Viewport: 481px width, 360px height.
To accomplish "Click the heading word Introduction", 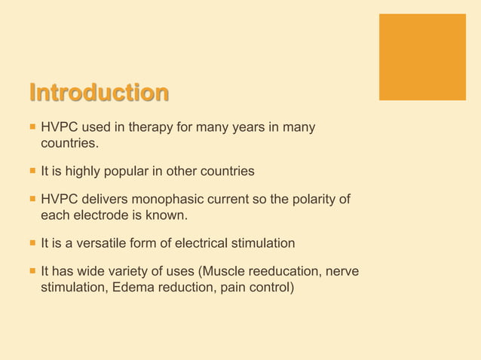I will [x=99, y=93].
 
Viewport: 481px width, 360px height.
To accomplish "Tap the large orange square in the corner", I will [x=422, y=56].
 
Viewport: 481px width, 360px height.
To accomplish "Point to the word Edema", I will [x=134, y=286].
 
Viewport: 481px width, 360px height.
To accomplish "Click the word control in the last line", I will [x=268, y=286].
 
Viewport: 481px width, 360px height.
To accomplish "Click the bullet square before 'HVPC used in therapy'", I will [x=32, y=128].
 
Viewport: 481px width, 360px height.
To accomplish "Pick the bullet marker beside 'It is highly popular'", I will [x=32, y=172].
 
